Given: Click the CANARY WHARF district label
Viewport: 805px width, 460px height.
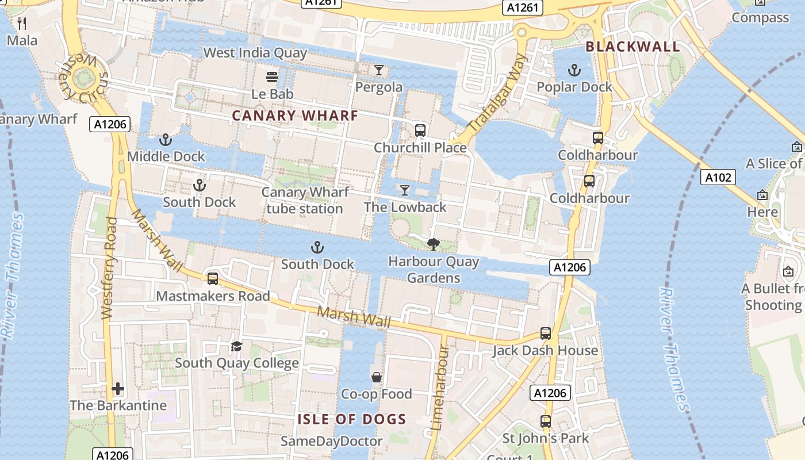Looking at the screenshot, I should tap(295, 116).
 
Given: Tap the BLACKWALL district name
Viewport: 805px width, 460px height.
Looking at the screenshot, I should tap(633, 47).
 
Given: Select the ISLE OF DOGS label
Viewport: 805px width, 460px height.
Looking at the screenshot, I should tap(351, 419).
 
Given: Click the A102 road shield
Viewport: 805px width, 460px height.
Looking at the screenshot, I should tap(719, 177).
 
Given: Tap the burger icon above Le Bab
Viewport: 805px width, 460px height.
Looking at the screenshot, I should tap(272, 76).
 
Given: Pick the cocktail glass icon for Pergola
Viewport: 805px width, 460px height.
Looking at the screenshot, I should tap(378, 70).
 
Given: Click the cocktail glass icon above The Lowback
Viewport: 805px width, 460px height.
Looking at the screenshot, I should tap(405, 190).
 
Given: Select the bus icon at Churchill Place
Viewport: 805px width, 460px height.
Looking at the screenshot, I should tap(420, 130).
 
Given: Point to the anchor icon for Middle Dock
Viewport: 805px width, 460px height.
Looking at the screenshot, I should tap(166, 140).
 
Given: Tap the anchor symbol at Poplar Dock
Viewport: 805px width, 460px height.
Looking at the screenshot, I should tap(574, 70).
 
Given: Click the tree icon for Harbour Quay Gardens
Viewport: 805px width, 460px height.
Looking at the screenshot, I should tap(434, 244).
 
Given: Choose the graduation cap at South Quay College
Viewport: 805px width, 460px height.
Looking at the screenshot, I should tap(236, 346).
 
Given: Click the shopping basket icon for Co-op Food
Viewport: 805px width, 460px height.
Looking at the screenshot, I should tap(377, 377).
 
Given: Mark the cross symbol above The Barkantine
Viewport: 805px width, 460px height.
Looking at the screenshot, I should tap(118, 389).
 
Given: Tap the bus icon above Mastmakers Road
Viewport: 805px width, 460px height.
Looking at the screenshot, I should tap(213, 279).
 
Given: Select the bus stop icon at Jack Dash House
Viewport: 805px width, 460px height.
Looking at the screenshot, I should tap(545, 333).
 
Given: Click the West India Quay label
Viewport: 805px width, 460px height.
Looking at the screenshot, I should tap(255, 53).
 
